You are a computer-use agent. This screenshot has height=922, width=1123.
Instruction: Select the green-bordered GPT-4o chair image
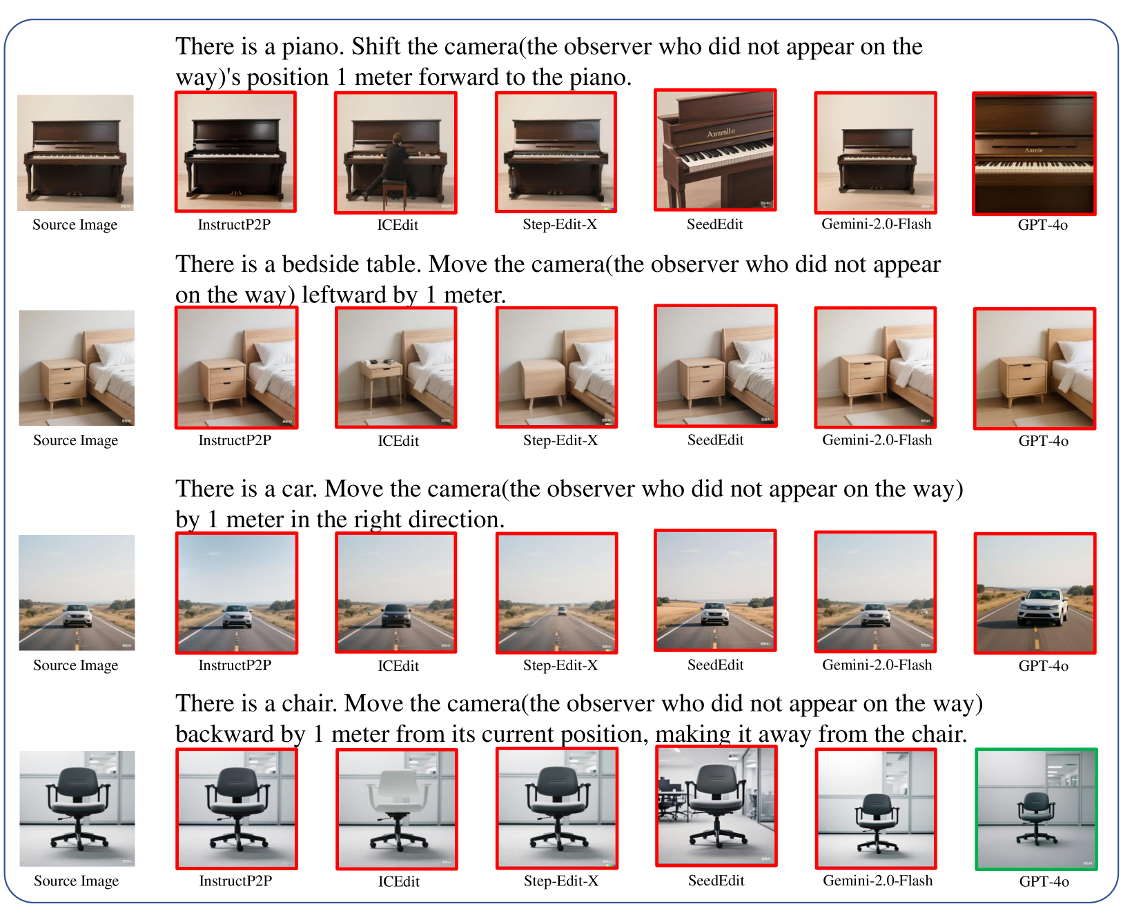(1036, 809)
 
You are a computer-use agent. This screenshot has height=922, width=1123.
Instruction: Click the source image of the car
(77, 592)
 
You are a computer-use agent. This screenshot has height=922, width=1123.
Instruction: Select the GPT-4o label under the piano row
(1042, 225)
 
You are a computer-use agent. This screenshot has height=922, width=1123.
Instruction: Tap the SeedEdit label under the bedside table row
(715, 440)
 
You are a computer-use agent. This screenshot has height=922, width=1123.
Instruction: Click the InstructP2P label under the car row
(235, 665)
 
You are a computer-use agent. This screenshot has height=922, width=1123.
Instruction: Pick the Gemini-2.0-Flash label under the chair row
(877, 881)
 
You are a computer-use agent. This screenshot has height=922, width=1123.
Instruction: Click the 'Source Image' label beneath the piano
(75, 225)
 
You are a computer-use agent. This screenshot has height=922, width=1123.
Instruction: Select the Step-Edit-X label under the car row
(560, 665)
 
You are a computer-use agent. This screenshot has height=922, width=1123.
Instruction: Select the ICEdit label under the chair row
(398, 881)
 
